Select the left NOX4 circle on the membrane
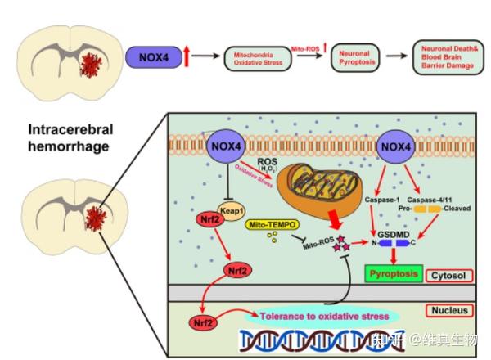click(225, 146)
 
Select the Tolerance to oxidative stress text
click(323, 313)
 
